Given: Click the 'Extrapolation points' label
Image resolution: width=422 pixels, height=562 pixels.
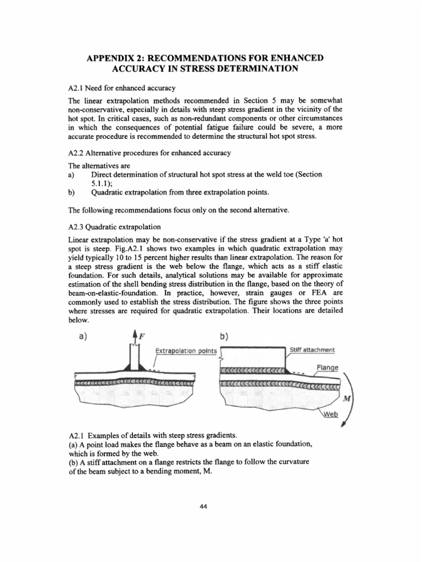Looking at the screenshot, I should (186, 350).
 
